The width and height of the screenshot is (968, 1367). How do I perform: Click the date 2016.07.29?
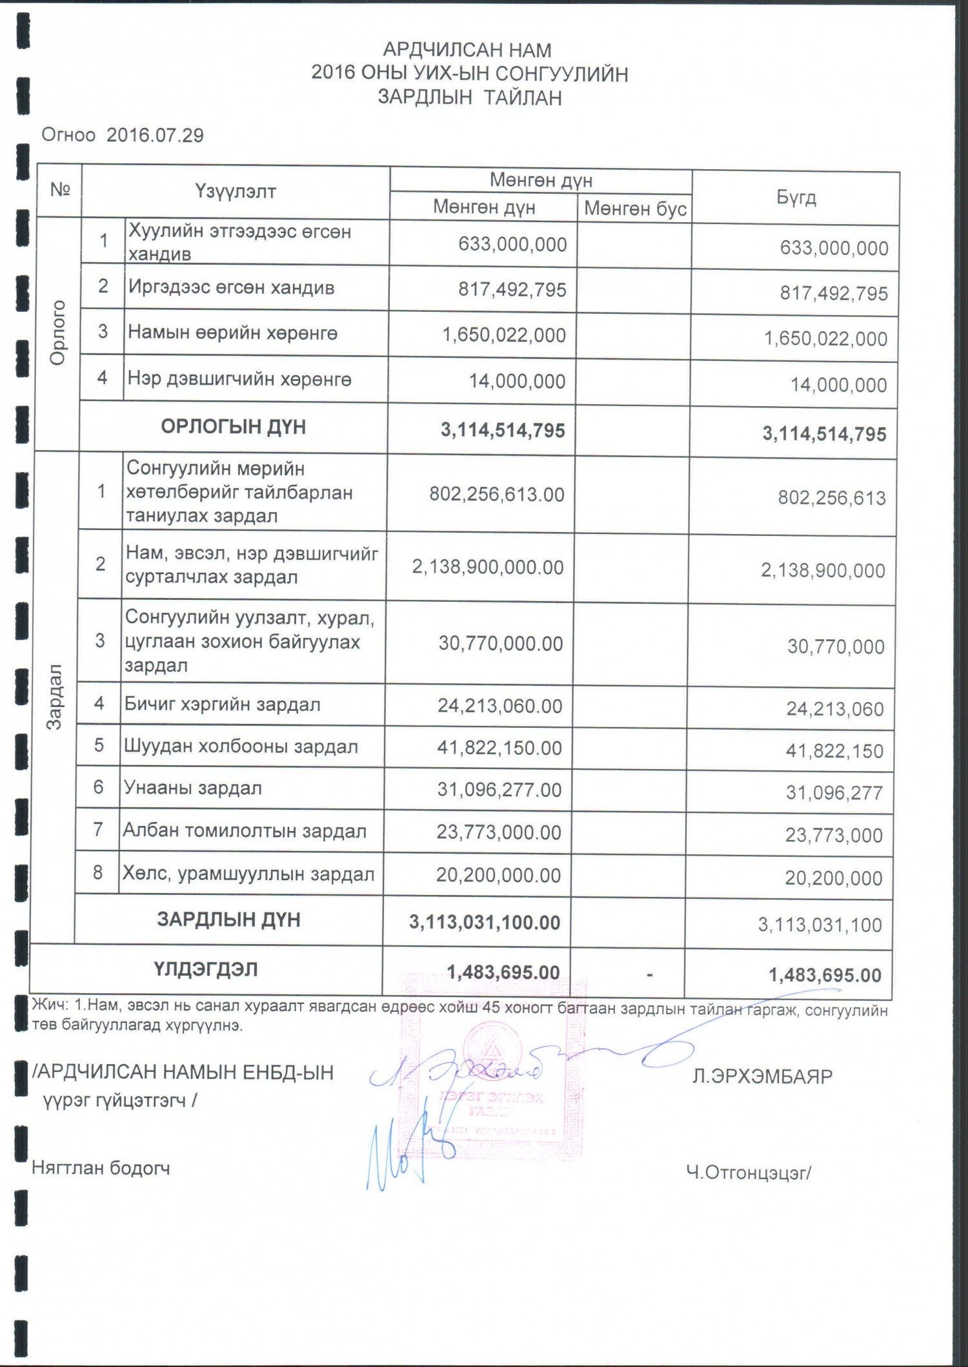155,136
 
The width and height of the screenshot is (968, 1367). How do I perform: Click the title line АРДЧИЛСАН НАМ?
467,50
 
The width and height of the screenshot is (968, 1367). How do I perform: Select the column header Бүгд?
796,198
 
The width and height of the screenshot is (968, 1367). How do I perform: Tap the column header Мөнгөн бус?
635,209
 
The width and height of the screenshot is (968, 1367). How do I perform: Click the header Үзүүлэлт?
236,191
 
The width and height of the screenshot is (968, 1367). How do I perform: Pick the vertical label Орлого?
58,333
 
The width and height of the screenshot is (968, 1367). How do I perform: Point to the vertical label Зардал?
55,697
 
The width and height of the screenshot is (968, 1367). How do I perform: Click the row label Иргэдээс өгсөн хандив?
231,287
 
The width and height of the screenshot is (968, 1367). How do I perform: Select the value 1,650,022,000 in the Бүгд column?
825,338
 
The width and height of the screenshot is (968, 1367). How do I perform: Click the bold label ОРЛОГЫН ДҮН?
234,427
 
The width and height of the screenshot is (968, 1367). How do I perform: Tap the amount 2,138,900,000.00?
488,567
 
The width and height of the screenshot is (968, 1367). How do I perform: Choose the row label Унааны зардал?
193,788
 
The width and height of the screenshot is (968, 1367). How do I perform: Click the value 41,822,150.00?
499,748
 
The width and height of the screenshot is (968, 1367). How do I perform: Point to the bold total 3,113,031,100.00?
485,922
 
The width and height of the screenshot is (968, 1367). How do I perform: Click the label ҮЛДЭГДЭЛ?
206,970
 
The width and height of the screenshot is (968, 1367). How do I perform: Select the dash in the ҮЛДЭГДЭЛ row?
649,974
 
